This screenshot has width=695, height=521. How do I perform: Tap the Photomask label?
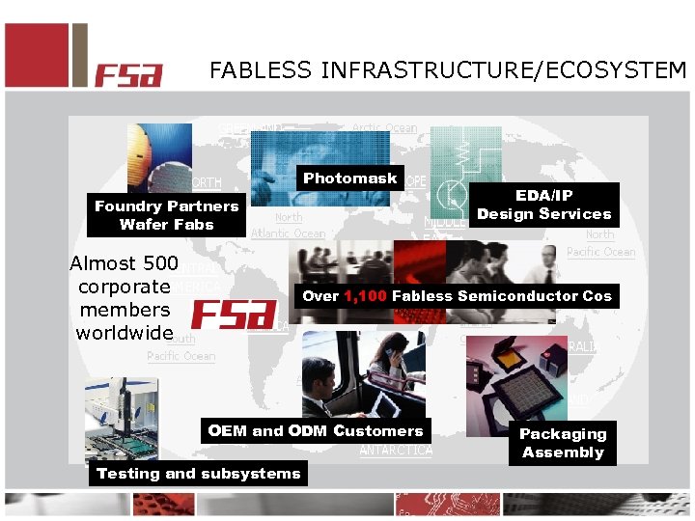(349, 178)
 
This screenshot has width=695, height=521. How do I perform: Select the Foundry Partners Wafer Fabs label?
(166, 215)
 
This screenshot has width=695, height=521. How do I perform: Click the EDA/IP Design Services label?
(544, 205)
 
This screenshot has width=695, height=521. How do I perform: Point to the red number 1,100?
(365, 296)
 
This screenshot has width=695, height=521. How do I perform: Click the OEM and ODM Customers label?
(316, 431)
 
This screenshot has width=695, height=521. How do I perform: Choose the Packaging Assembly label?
(563, 443)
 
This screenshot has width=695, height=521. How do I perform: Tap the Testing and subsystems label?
(199, 473)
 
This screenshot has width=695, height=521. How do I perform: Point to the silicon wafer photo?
(159, 158)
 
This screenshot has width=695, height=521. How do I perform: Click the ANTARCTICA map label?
(396, 451)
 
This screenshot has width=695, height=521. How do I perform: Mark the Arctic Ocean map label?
(384, 127)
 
